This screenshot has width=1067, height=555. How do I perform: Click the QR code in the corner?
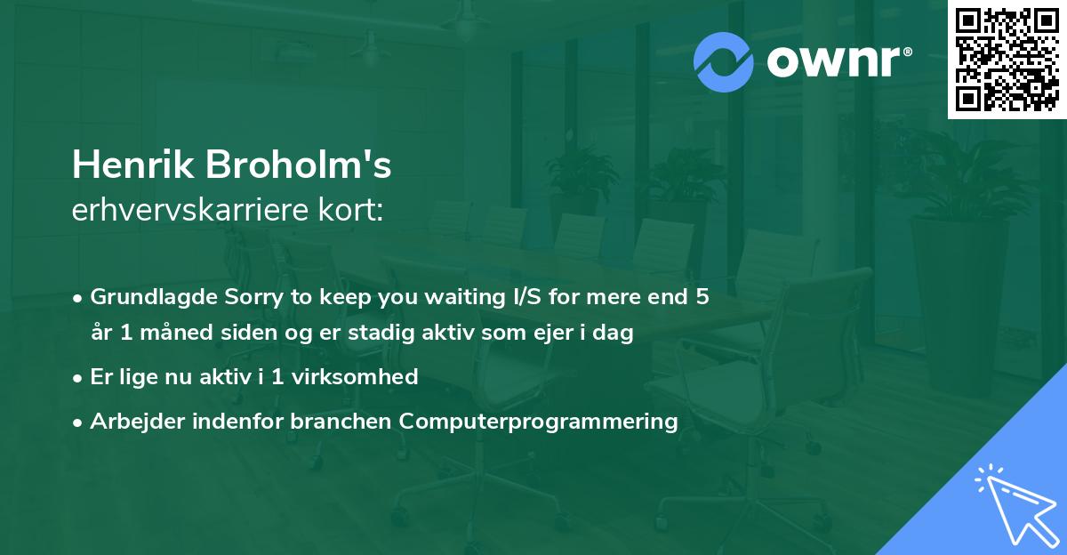1007,60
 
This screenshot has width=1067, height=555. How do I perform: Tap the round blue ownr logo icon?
724,62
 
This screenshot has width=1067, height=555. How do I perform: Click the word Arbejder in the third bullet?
131,421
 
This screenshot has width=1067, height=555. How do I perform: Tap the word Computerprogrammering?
539,421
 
